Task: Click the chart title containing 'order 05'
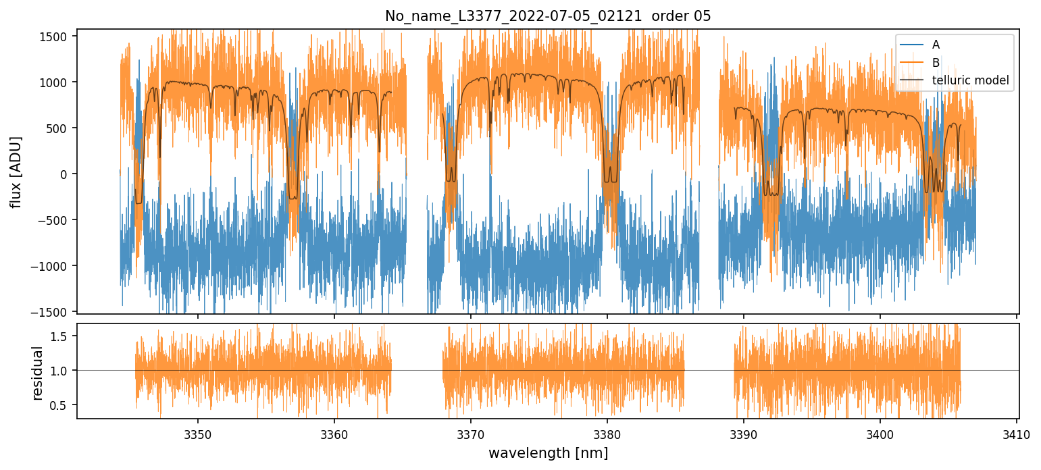548,16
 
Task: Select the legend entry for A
936,45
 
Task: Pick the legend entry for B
936,63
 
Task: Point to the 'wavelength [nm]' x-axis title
548,452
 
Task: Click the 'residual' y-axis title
37,373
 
